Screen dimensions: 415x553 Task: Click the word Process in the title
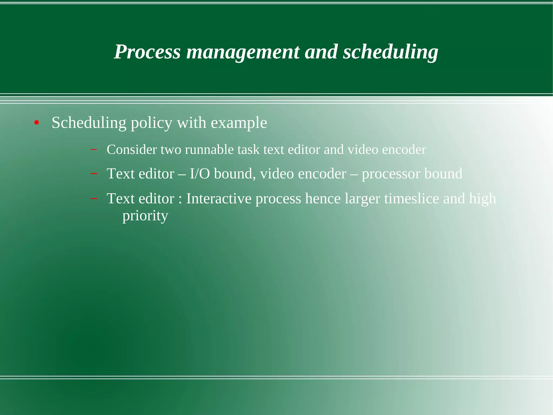(x=147, y=52)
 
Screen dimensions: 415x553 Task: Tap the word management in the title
(x=243, y=52)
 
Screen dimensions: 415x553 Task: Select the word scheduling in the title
(x=390, y=52)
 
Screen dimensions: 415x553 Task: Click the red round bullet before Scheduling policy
(x=37, y=123)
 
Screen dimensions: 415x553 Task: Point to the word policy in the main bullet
(x=151, y=123)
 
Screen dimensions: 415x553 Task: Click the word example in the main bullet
(x=239, y=123)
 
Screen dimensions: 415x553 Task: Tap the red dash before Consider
(x=94, y=149)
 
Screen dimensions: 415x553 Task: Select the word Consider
(x=131, y=150)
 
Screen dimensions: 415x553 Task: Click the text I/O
(x=200, y=174)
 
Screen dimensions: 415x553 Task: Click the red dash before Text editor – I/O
(x=94, y=173)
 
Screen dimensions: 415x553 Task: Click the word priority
(x=145, y=216)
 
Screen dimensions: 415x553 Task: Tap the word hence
(x=323, y=199)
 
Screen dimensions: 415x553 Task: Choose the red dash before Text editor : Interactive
(x=94, y=199)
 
